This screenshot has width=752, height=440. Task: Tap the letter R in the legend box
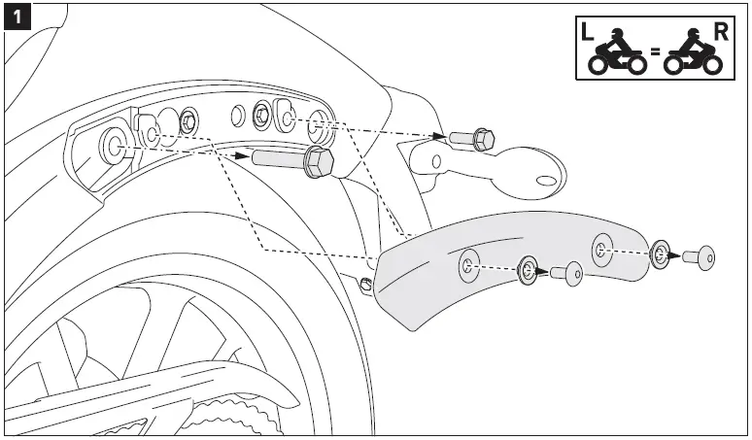pyautogui.click(x=720, y=31)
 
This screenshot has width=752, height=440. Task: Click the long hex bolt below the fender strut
pyautogui.click(x=291, y=160)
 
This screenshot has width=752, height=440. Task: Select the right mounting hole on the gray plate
pyautogui.click(x=602, y=246)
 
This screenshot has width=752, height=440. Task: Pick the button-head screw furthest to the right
pyautogui.click(x=699, y=257)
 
